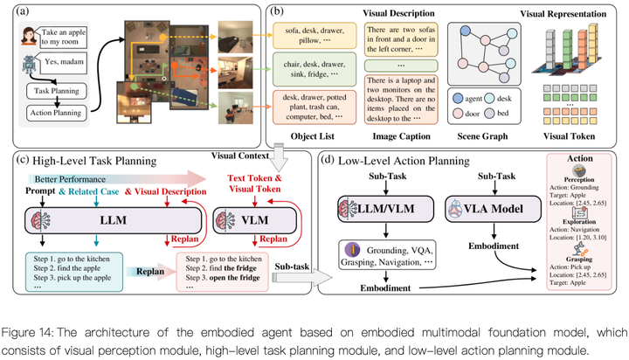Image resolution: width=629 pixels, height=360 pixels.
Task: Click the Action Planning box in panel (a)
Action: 53,112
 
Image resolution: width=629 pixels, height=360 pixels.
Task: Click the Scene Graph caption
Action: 482,135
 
